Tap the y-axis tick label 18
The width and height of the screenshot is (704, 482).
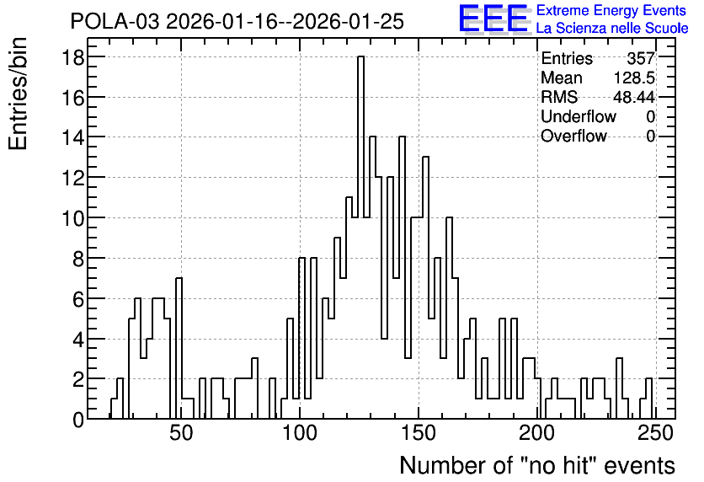click(x=72, y=57)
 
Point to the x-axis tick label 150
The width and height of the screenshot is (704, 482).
click(x=419, y=434)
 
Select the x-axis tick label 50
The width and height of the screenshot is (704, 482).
click(x=181, y=434)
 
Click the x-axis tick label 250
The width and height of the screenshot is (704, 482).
click(x=655, y=434)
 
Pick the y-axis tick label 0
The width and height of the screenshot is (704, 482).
click(x=78, y=420)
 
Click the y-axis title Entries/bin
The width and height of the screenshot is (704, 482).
click(x=19, y=94)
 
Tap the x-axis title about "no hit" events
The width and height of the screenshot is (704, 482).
click(x=537, y=465)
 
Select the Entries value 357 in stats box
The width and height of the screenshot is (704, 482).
click(x=641, y=58)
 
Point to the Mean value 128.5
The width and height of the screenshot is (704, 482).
click(x=634, y=78)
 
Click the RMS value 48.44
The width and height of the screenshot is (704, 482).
click(x=634, y=97)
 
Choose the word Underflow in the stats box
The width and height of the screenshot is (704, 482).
click(x=579, y=116)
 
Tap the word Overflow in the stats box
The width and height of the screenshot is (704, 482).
click(x=573, y=136)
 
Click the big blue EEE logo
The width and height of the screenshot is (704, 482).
click(x=493, y=19)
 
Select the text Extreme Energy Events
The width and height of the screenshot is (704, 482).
click(x=611, y=10)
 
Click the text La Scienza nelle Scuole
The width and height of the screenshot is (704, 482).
click(x=612, y=29)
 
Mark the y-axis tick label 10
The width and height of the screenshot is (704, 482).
click(x=72, y=218)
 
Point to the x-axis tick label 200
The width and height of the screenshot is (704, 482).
click(x=537, y=434)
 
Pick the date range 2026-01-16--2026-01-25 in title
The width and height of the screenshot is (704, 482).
click(x=285, y=22)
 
